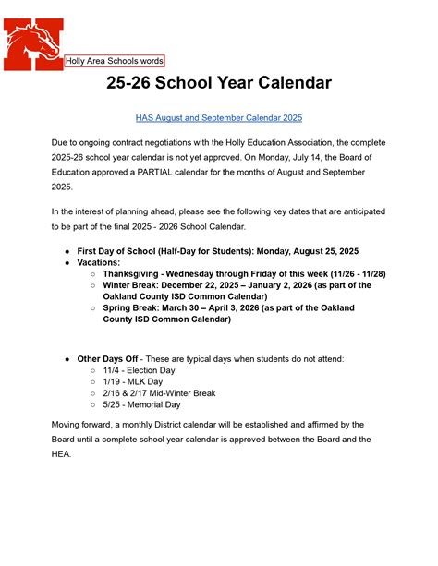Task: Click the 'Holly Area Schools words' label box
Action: pos(114,61)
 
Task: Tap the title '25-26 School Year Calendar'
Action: pos(218,83)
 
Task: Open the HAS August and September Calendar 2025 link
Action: pos(218,118)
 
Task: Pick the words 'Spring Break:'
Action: pos(134,308)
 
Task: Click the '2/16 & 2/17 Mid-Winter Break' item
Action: pos(159,392)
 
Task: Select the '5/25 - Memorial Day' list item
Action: pos(141,404)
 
